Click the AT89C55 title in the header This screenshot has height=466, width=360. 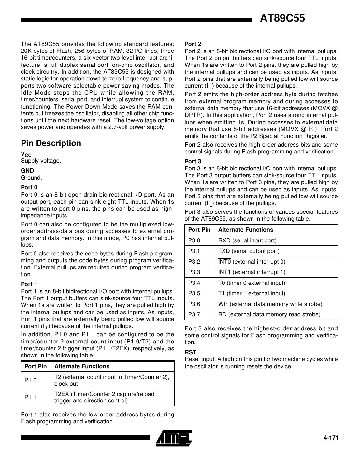[282, 18]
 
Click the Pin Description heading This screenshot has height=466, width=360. [51, 143]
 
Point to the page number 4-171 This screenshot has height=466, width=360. [331, 438]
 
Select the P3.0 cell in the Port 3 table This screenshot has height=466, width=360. [194, 240]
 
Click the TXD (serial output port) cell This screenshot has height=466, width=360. [249, 251]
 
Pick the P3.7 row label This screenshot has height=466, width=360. [194, 314]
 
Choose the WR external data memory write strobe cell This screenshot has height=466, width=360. [270, 304]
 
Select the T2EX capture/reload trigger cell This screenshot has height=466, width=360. [104, 397]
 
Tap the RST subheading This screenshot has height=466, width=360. [190, 352]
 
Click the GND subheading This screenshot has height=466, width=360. [27, 171]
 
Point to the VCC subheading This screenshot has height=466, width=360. [26, 154]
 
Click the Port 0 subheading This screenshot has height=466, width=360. [29, 187]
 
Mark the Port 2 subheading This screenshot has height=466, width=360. [193, 44]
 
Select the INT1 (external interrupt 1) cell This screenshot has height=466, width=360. [252, 272]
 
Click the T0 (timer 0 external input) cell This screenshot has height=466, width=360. [252, 283]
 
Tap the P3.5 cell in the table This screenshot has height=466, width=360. [194, 293]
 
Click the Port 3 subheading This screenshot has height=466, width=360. [193, 161]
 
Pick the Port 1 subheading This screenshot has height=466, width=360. [29, 284]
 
